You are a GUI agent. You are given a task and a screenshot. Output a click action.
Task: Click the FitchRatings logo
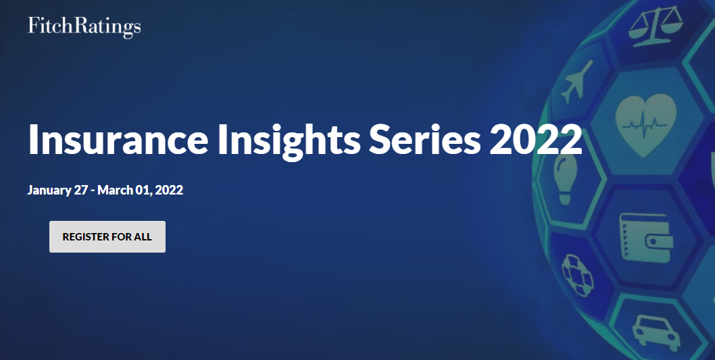pos(84,27)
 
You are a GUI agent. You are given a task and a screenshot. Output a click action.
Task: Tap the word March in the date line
pos(116,190)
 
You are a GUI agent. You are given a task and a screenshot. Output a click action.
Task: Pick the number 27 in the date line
pos(81,190)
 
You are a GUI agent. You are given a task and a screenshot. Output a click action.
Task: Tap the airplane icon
pos(574,81)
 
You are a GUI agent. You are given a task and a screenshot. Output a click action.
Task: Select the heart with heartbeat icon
pos(645,121)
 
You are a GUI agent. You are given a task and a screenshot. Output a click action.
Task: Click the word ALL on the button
pos(143,237)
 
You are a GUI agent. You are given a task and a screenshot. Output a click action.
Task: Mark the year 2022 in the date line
pos(169,190)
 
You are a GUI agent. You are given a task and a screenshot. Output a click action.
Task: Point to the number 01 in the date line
pos(146,190)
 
